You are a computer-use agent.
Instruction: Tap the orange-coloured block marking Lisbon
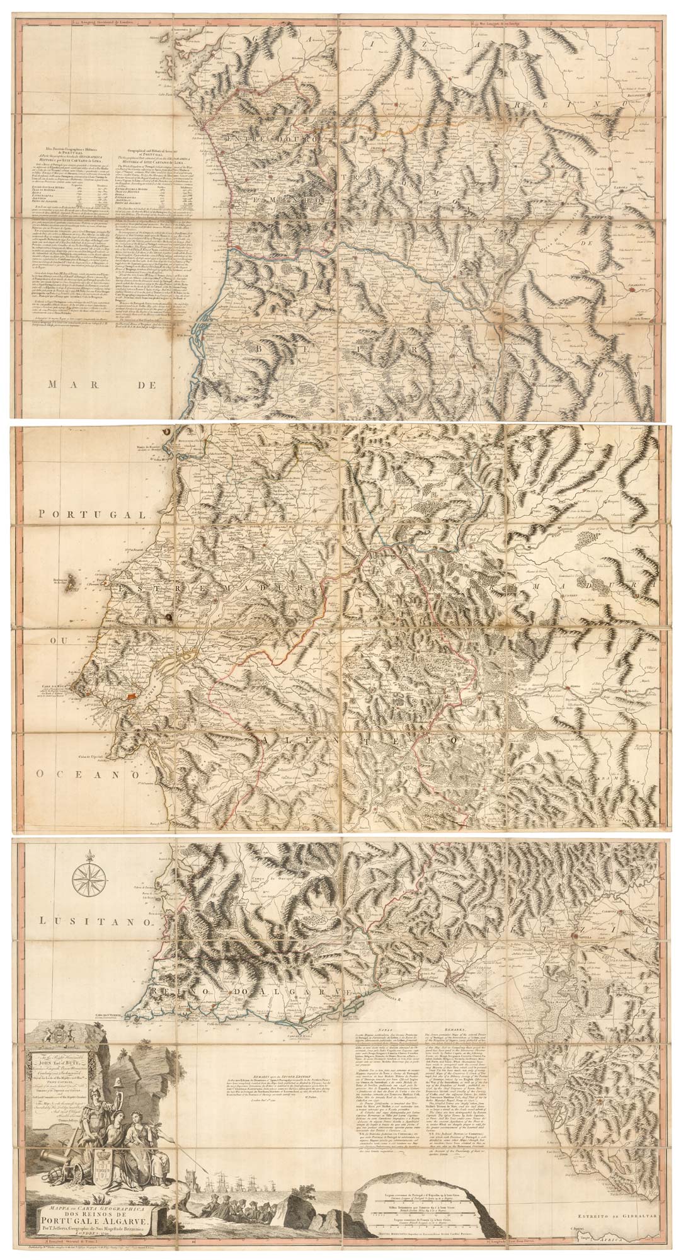130,696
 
